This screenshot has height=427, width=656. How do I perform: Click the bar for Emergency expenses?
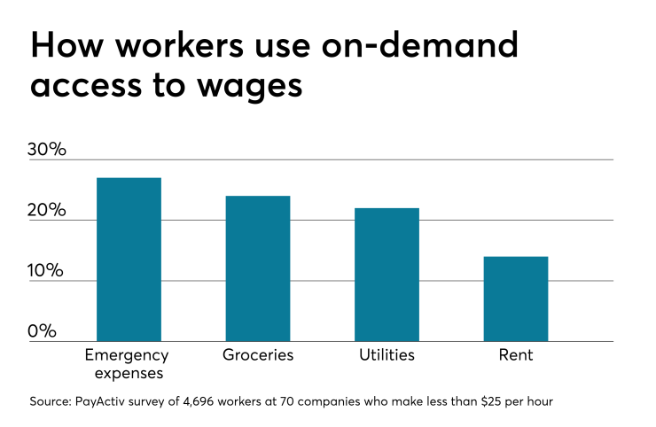tap(129, 260)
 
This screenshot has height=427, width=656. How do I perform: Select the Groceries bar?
tap(258, 268)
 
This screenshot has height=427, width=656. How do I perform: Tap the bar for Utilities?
tap(387, 275)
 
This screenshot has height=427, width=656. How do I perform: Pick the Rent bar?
tap(515, 299)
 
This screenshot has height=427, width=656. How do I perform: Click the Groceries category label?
tap(258, 355)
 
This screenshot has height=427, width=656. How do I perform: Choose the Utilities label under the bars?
tap(387, 355)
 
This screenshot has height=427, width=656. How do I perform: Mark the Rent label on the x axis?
tap(515, 355)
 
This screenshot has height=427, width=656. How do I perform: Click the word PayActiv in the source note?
tap(110, 403)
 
